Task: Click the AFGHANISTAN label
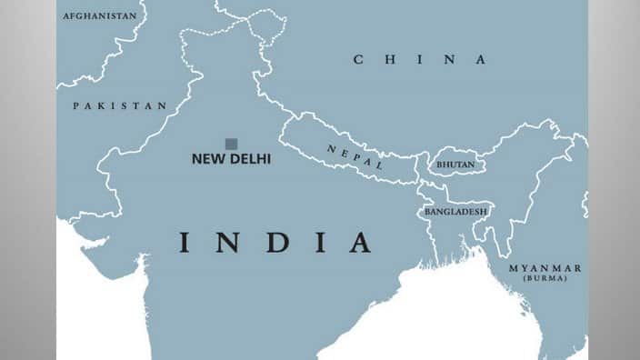[100, 15]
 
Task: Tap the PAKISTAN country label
[120, 105]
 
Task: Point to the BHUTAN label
[455, 165]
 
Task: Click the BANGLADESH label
[455, 212]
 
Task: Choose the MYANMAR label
[545, 268]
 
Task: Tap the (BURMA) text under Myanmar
[545, 278]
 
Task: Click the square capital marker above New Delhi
[231, 144]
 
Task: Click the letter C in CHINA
[359, 60]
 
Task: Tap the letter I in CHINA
[419, 60]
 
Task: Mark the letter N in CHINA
[448, 60]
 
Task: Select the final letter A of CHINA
[479, 60]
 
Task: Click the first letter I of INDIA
[184, 243]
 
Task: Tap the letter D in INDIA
[270, 243]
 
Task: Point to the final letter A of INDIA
[359, 243]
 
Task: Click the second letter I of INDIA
[316, 243]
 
